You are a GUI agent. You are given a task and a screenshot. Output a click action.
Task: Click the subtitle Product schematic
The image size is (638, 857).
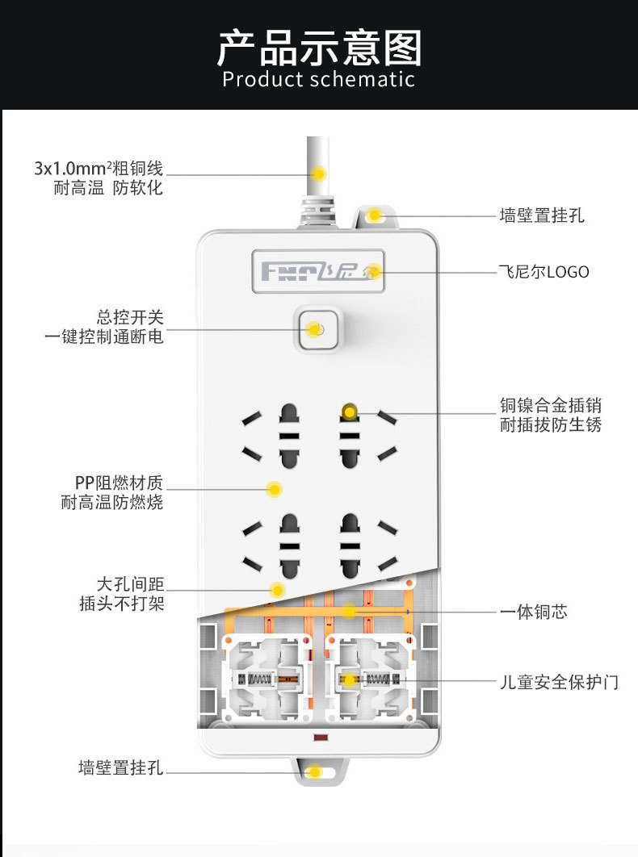tap(319, 79)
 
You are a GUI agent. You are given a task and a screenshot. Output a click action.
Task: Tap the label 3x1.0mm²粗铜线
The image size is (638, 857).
tap(99, 169)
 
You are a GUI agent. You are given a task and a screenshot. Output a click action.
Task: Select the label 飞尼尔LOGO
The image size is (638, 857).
tap(544, 272)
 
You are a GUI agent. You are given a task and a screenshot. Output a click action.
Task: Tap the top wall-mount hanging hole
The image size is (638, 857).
tap(374, 215)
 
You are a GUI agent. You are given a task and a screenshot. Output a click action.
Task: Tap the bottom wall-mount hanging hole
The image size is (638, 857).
tap(316, 771)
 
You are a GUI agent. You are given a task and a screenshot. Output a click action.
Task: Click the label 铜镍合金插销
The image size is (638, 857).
tap(550, 405)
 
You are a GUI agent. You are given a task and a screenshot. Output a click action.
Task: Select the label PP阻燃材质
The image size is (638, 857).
tap(119, 483)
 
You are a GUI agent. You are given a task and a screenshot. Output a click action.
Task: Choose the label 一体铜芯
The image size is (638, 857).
tap(533, 612)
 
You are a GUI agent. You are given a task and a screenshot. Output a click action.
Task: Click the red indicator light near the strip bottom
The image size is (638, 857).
tap(319, 738)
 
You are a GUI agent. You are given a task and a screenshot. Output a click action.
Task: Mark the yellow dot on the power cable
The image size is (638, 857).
tap(319, 173)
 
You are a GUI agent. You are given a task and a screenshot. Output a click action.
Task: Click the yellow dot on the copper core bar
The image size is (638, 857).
tap(348, 611)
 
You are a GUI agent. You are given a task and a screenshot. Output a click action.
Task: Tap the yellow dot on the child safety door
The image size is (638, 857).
tap(349, 680)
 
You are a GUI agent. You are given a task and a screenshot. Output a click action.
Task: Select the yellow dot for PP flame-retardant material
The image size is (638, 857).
tap(275, 489)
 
